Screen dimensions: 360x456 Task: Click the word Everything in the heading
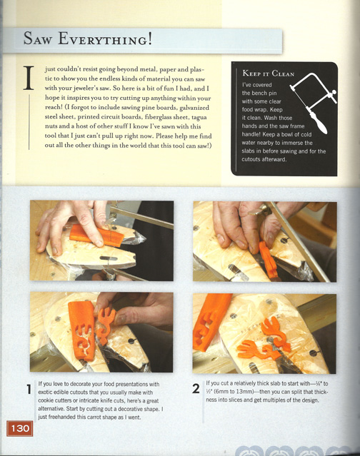pos(105,39)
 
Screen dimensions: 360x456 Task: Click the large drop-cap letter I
pos(29,78)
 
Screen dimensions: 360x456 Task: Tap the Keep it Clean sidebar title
pos(268,74)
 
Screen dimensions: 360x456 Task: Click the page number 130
pos(20,428)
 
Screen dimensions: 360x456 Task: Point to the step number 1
pos(29,389)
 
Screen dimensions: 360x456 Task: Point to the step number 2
pos(196,389)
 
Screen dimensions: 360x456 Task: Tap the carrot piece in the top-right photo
pos(269,260)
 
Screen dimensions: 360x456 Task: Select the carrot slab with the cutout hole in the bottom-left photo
pos(81,330)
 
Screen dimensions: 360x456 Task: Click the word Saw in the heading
pos(38,39)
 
